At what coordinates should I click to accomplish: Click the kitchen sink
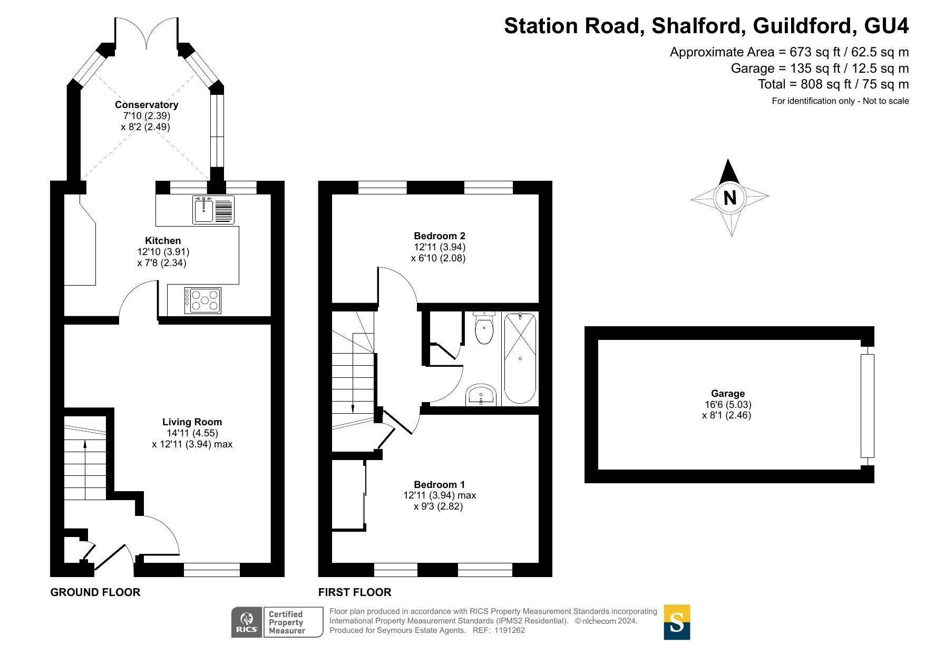point(213,209)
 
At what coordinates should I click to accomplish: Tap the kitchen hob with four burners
point(203,301)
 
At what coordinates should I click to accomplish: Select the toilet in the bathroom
point(484,328)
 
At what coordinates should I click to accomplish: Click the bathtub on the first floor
point(520,358)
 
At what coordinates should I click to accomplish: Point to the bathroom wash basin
point(481,395)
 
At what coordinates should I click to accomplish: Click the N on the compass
point(730,198)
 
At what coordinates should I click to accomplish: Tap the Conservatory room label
point(147,104)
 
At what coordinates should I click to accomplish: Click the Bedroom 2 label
point(440,236)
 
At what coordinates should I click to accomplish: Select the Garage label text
point(728,393)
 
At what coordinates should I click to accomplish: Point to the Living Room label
point(192,422)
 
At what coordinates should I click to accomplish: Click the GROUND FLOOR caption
point(95,592)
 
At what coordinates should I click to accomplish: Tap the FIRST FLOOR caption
point(355,592)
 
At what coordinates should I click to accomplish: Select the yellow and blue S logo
point(677,622)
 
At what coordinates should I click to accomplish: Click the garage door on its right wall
point(867,406)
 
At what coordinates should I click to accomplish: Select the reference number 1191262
point(510,630)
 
